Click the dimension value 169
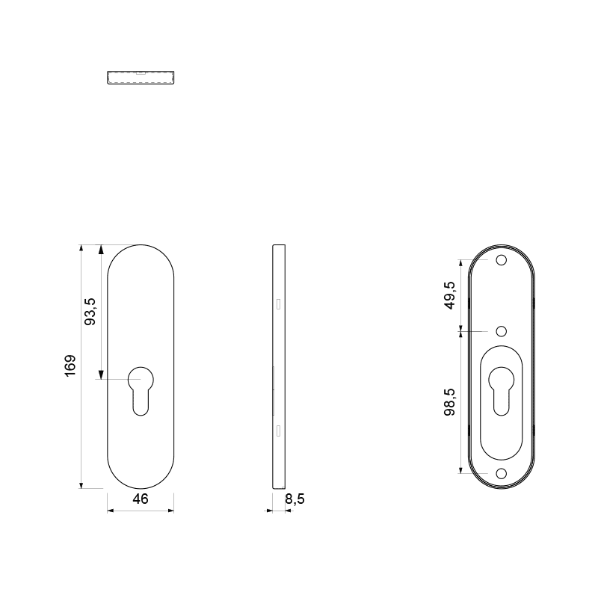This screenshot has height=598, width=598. click(x=70, y=366)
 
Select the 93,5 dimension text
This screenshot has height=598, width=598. click(x=90, y=311)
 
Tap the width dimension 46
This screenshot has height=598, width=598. click(x=141, y=499)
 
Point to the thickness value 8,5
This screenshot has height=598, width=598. click(x=295, y=499)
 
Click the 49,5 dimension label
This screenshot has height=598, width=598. click(x=450, y=295)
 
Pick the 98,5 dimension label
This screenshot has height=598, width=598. click(x=450, y=402)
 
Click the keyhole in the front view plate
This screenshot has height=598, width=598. click(x=141, y=391)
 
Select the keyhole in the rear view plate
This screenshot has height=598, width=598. click(x=501, y=391)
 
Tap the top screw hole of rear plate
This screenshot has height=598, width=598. click(x=501, y=260)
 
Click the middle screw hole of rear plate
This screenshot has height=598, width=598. click(x=501, y=331)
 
